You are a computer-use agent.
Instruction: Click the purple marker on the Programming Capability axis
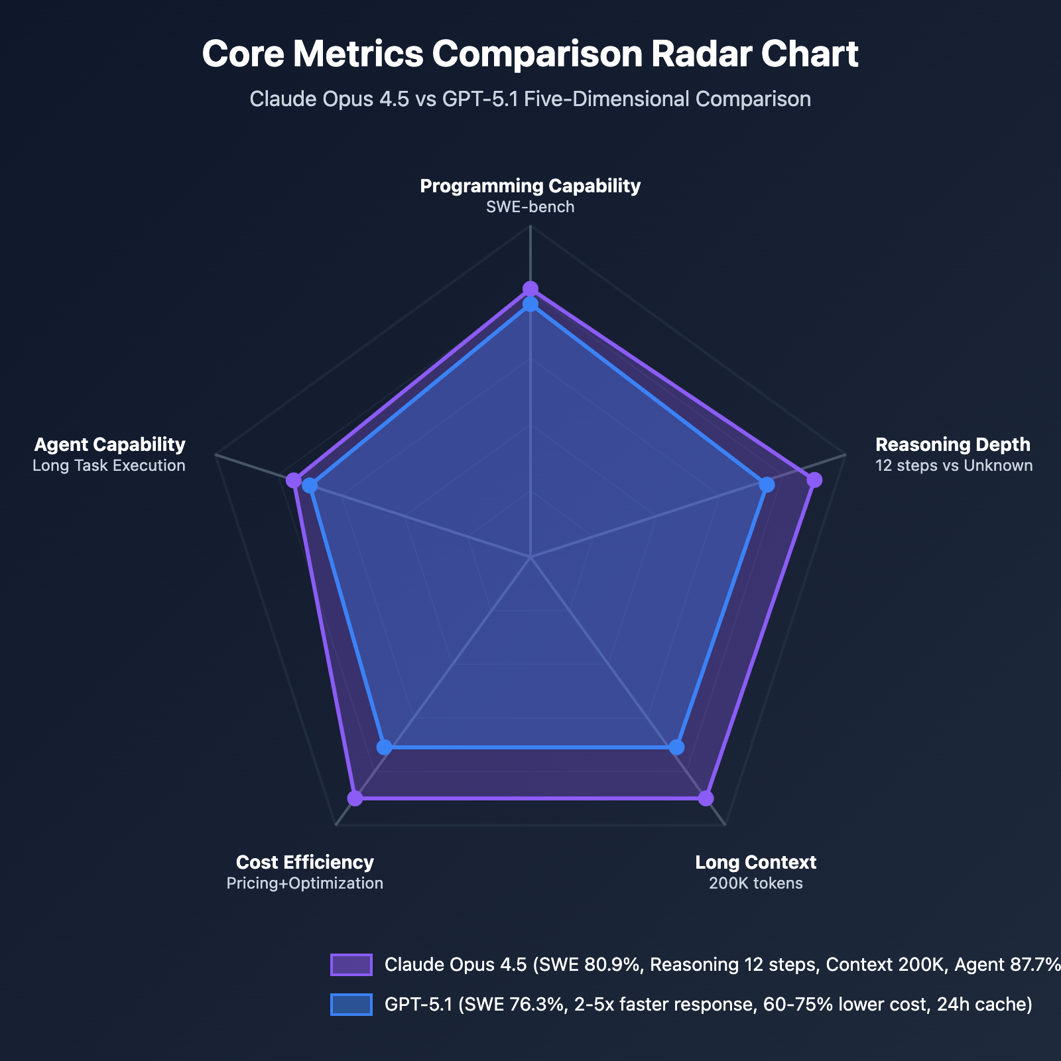pyautogui.click(x=530, y=288)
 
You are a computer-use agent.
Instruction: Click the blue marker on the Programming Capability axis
pyautogui.click(x=530, y=304)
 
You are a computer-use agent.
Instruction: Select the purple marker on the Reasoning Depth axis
pyautogui.click(x=814, y=480)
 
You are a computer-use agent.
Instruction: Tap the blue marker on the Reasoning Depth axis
pyautogui.click(x=767, y=485)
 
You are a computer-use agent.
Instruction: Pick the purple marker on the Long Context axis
pyautogui.click(x=706, y=798)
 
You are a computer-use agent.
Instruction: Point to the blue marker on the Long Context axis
pyautogui.click(x=676, y=747)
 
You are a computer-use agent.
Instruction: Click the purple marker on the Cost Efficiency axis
pyautogui.click(x=355, y=798)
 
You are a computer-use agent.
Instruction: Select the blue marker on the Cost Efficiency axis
pyautogui.click(x=384, y=747)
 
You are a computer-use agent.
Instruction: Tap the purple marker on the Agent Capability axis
pyautogui.click(x=293, y=480)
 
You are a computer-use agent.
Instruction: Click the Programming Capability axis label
pyautogui.click(x=530, y=186)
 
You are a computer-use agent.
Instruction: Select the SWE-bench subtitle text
pyautogui.click(x=530, y=207)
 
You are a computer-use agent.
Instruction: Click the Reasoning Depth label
pyautogui.click(x=952, y=444)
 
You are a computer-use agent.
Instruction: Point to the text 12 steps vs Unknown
pyautogui.click(x=954, y=466)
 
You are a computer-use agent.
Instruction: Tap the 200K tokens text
pyautogui.click(x=755, y=883)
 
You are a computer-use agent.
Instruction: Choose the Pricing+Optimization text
pyautogui.click(x=304, y=883)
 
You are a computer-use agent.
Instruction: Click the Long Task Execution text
pyautogui.click(x=109, y=466)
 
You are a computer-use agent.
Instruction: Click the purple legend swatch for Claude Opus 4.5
pyautogui.click(x=351, y=965)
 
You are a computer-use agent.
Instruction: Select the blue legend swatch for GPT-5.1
pyautogui.click(x=351, y=1005)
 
